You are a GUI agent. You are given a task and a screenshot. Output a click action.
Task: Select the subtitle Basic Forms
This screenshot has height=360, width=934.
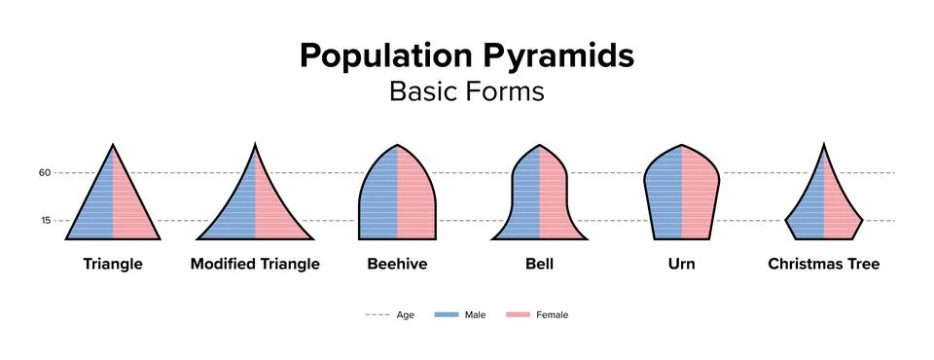click(x=466, y=90)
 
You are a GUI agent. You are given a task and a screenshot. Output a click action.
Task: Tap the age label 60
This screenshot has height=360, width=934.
click(x=44, y=173)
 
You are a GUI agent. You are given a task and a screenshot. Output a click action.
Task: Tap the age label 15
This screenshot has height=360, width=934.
click(x=44, y=221)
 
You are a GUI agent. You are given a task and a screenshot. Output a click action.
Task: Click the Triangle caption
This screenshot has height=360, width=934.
click(x=113, y=264)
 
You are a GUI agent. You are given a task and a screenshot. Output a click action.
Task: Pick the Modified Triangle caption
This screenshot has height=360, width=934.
click(x=255, y=264)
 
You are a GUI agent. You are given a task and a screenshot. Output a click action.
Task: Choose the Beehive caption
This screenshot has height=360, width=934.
click(x=397, y=264)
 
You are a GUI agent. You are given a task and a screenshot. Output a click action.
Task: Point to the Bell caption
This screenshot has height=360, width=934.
click(x=539, y=264)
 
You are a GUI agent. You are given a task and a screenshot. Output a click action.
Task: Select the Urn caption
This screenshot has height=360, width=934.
click(x=681, y=264)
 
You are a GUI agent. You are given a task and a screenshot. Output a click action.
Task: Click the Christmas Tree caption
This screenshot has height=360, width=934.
click(x=823, y=264)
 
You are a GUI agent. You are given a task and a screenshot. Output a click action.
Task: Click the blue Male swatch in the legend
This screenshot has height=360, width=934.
click(x=447, y=315)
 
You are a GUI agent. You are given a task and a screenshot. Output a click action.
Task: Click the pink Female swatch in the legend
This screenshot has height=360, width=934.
click(x=518, y=315)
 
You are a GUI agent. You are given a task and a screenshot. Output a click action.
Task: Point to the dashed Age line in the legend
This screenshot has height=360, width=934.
click(x=376, y=315)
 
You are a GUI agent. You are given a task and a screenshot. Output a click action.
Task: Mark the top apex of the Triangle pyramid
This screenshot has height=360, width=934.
click(x=113, y=146)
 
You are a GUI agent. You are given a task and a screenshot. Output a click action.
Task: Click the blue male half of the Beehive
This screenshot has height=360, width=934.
click(x=379, y=204)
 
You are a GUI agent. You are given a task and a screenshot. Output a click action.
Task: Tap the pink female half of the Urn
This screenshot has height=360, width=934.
click(x=699, y=195)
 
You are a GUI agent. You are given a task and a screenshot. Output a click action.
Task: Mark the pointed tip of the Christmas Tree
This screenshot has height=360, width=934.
click(x=824, y=146)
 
